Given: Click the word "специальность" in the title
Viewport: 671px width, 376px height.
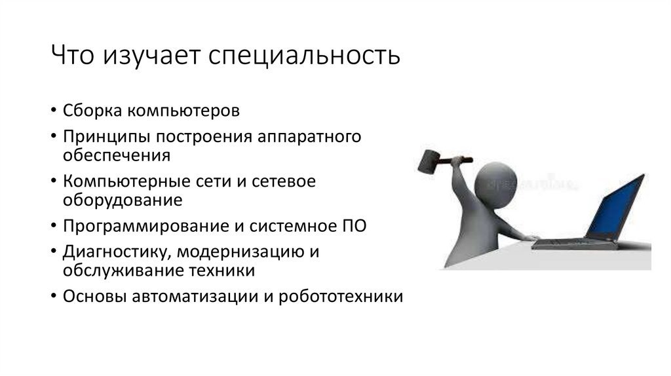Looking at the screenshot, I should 304,56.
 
